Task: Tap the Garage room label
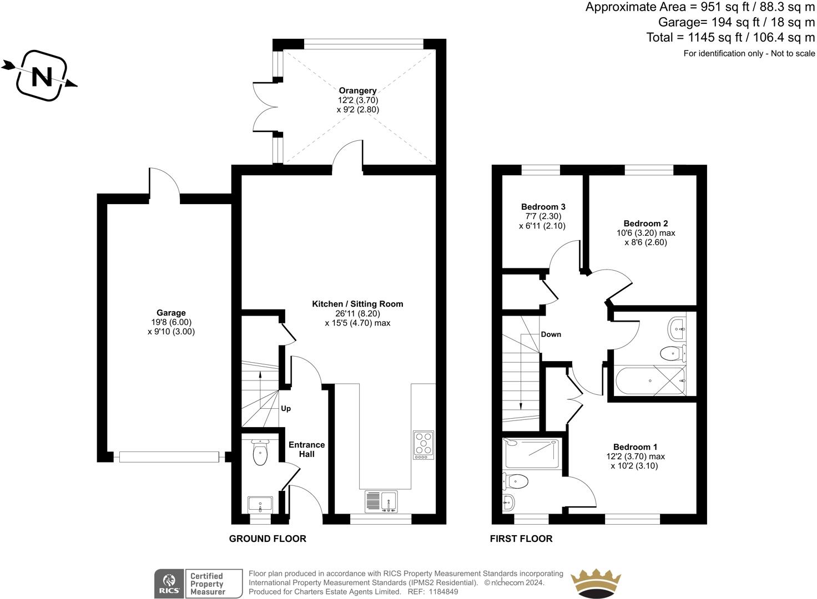171,312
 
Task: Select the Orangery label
357,90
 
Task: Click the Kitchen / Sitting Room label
357,304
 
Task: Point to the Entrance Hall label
306,449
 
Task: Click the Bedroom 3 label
543,207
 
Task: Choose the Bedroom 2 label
645,223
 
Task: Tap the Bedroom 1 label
635,446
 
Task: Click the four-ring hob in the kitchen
423,445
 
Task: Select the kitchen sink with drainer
381,501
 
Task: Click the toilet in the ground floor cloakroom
260,453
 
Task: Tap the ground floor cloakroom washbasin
260,505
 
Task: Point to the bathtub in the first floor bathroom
650,381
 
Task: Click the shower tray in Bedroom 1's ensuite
531,454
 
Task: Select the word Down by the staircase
551,334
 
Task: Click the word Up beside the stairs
286,409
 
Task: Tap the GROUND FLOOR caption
268,539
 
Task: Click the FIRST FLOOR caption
521,539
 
